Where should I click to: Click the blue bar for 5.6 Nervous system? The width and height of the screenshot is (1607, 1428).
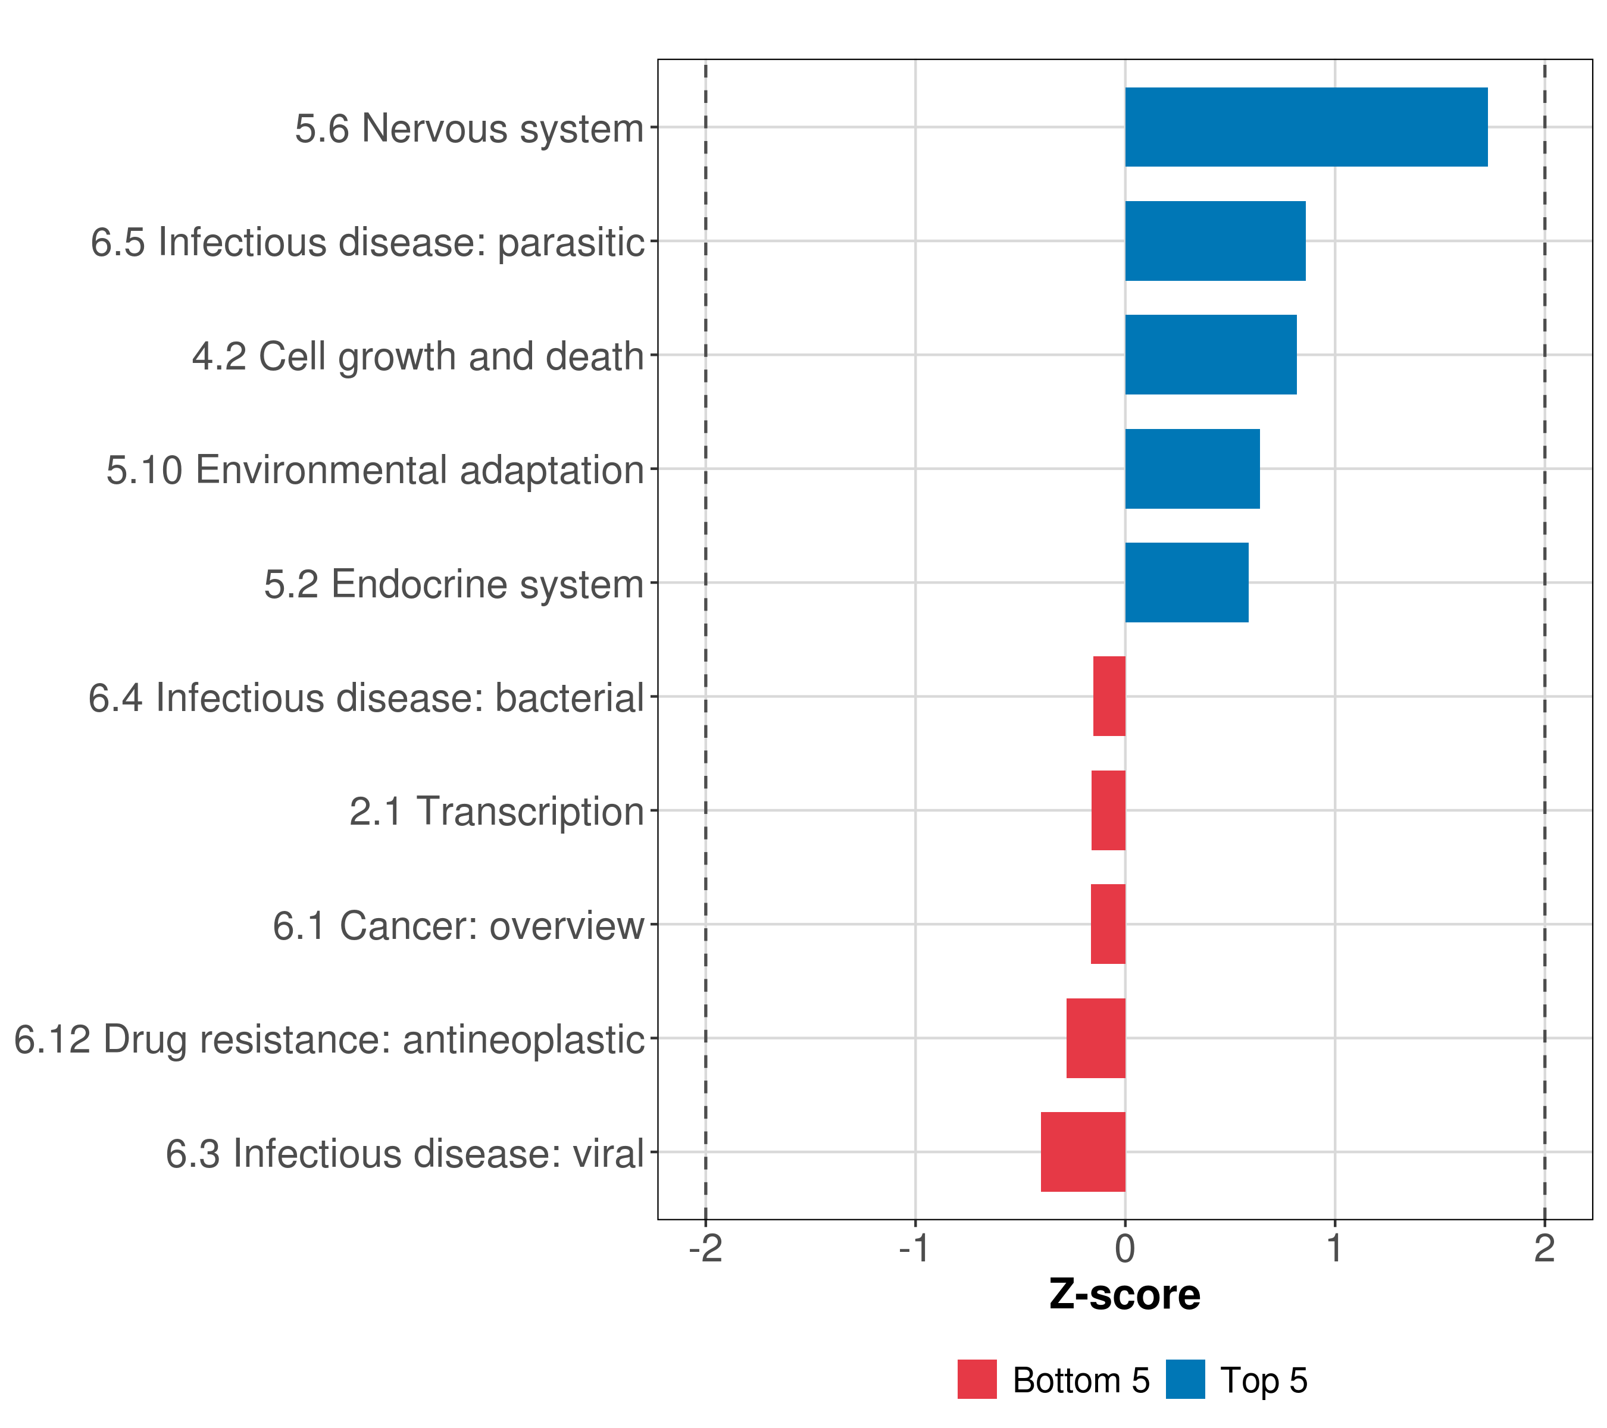[1306, 127]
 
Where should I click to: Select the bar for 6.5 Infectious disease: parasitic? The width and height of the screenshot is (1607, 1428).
[1215, 242]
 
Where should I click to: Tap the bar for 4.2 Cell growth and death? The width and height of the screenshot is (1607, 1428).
[1211, 355]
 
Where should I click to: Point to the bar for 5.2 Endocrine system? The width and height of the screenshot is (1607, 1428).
[1186, 583]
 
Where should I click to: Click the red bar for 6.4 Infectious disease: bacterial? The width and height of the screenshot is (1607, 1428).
[1109, 696]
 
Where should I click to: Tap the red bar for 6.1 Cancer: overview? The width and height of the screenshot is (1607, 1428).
[1108, 924]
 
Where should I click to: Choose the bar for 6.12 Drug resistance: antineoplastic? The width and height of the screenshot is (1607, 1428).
[1095, 1038]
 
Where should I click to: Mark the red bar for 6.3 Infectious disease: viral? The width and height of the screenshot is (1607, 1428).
[1083, 1152]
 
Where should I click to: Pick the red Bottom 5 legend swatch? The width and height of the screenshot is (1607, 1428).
[977, 1379]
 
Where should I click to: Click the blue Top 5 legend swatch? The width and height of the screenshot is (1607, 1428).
[1185, 1379]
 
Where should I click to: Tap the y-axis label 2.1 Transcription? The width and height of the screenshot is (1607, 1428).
[496, 811]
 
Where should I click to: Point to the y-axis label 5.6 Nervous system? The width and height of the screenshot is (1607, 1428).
[470, 128]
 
